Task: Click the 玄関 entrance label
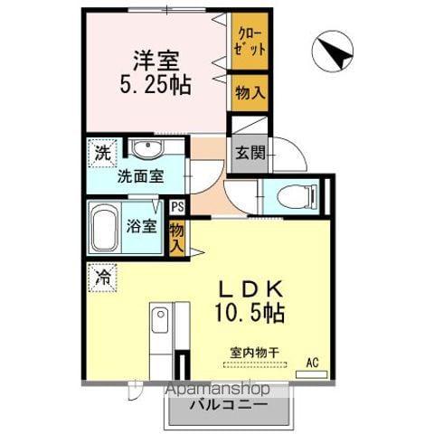point(250,153)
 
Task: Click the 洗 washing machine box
point(101,152)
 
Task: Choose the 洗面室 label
point(140,176)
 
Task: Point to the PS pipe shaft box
point(176,207)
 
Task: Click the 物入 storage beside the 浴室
point(177,237)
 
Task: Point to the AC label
point(313,363)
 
